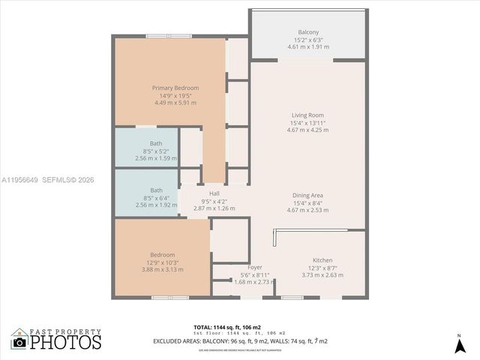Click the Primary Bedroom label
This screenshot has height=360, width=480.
[175, 88]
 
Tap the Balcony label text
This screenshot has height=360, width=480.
[307, 32]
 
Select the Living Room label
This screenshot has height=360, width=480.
[307, 115]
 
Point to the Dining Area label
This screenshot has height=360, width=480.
[307, 196]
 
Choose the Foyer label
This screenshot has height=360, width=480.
[255, 268]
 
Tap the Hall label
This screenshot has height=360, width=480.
[214, 193]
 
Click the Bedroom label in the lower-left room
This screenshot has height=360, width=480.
[162, 255]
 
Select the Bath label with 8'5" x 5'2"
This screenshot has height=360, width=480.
[156, 143]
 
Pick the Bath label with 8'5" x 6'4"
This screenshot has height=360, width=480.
[156, 190]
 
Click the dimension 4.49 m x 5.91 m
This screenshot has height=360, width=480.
[175, 103]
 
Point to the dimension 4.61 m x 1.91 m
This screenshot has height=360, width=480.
[307, 47]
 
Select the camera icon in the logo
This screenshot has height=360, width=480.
[19, 343]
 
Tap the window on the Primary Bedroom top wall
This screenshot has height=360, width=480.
[169, 35]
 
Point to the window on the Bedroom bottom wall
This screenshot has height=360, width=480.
[170, 298]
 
